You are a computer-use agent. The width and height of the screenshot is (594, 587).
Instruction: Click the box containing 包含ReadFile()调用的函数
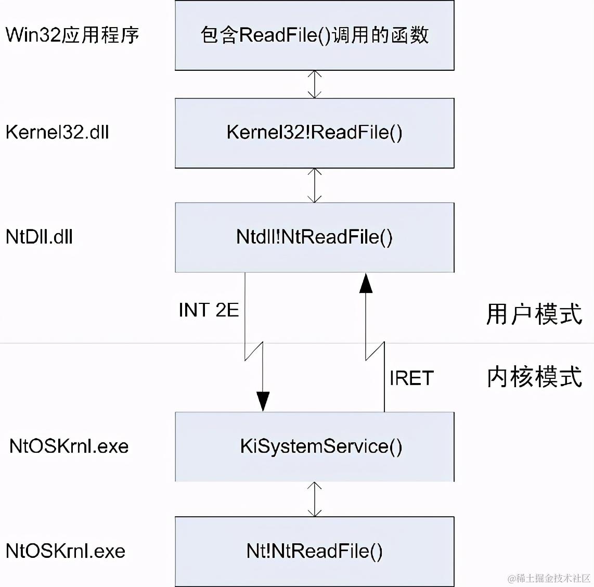[314, 35]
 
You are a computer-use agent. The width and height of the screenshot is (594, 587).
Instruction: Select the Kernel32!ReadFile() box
[314, 133]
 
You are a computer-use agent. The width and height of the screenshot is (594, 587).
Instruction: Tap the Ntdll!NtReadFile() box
[314, 237]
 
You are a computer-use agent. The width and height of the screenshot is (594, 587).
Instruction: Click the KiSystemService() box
[314, 446]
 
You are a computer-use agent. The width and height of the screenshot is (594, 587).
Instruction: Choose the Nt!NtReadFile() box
[314, 551]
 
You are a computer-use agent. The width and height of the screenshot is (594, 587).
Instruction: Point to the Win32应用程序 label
[72, 35]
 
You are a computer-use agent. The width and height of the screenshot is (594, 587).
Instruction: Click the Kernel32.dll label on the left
[57, 132]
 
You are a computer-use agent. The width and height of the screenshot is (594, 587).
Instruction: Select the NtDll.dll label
[39, 237]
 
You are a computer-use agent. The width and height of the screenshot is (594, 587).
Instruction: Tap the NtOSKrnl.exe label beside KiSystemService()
[69, 446]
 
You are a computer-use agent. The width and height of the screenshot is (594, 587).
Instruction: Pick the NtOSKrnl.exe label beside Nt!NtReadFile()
[66, 551]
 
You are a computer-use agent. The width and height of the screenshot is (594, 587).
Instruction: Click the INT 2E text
[209, 310]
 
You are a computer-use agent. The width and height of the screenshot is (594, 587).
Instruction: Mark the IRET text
[411, 378]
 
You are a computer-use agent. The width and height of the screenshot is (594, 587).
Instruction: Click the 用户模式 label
[534, 314]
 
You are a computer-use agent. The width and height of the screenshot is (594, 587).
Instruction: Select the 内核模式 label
[534, 377]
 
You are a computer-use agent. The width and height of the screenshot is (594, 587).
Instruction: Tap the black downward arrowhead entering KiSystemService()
[263, 401]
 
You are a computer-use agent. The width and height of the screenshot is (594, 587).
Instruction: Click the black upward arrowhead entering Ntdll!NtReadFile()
[366, 283]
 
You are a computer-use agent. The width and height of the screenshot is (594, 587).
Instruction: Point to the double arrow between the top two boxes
[314, 84]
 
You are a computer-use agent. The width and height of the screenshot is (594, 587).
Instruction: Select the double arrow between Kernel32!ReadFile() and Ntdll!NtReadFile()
[314, 185]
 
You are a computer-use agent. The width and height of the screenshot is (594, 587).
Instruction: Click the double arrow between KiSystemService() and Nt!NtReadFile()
[314, 499]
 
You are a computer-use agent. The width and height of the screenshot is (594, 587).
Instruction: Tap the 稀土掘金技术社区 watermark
[549, 578]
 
